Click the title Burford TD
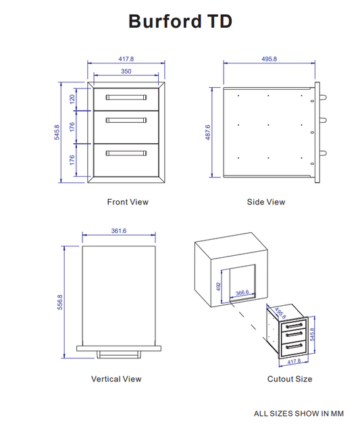click(180, 22)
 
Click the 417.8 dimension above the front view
click(126, 59)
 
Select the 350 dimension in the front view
click(126, 71)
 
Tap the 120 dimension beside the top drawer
click(72, 99)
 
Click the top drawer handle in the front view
click(126, 97)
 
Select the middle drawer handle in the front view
click(126, 120)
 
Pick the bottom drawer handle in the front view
click(126, 153)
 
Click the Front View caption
click(128, 202)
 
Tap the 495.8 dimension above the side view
click(269, 59)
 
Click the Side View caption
click(266, 202)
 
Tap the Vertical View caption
click(117, 379)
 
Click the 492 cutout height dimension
click(219, 285)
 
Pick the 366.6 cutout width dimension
click(242, 292)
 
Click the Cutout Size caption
click(290, 379)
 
